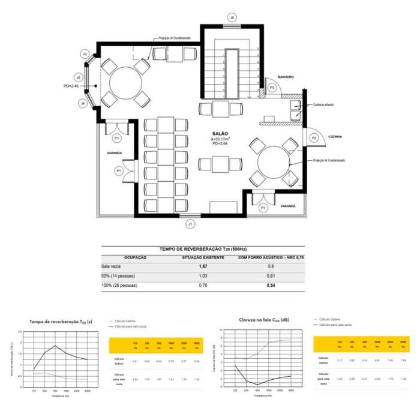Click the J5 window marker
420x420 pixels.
(x=232, y=18)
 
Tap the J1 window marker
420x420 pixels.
(x=191, y=224)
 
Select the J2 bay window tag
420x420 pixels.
(x=78, y=77)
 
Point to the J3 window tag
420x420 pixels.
(x=85, y=54)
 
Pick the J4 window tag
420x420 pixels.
(x=82, y=103)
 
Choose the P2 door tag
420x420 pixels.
(x=313, y=138)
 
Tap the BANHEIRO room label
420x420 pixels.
(x=285, y=77)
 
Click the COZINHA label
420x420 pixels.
(x=335, y=137)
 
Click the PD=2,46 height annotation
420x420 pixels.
(x=71, y=86)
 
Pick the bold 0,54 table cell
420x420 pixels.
(x=271, y=286)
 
